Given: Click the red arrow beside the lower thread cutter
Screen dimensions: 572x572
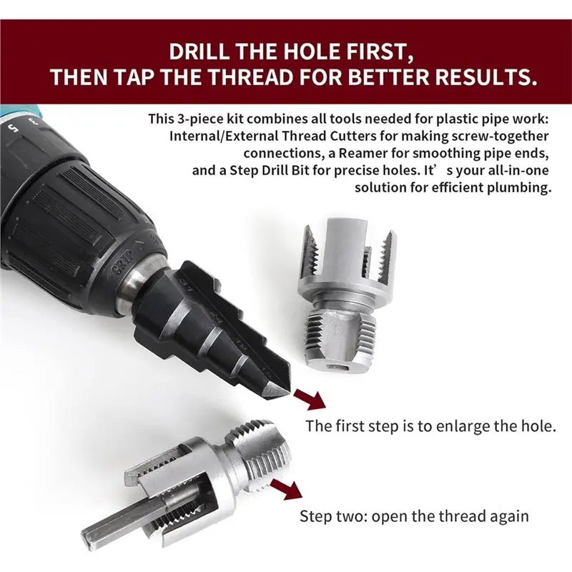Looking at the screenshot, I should [287, 490].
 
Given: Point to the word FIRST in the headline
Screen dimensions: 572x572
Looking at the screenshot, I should [373, 51].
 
